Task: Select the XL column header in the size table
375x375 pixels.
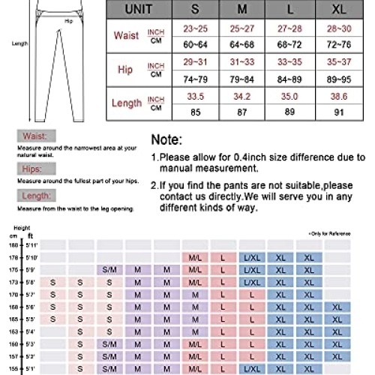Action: coord(338,12)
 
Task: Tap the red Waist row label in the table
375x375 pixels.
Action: coord(127,35)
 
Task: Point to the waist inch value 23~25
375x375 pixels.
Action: coord(200,28)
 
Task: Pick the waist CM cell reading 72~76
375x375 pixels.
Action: coord(338,43)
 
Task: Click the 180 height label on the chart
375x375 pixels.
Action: coord(13,244)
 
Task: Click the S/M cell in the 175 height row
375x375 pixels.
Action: coord(109,268)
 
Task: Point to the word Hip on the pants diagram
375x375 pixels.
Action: coord(68,22)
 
